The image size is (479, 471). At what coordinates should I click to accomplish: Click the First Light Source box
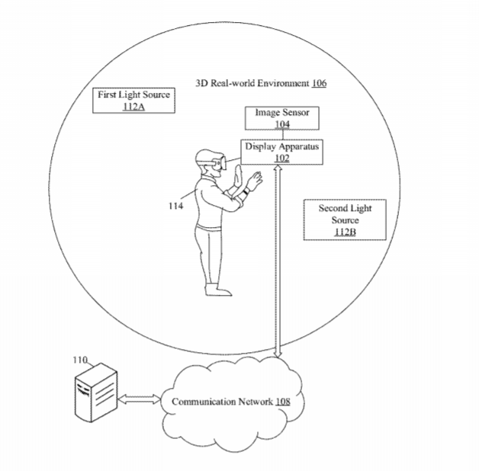coord(133,101)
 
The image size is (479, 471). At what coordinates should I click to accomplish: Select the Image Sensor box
coord(282,118)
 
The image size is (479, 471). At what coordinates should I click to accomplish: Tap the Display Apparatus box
coord(281,152)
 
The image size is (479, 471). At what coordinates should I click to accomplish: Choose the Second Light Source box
coord(345,219)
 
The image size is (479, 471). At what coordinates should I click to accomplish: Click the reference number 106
coord(319,83)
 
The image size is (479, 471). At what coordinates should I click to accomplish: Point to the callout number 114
coord(175,206)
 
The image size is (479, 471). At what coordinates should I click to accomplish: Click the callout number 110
coord(80,360)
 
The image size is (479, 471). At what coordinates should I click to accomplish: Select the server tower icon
coord(96,392)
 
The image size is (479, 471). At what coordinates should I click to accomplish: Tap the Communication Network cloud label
coord(231,402)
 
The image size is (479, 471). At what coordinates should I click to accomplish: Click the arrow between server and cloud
coord(139,399)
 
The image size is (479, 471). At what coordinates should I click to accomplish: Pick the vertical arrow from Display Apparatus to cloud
coord(278,261)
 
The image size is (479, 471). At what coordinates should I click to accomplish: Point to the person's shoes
coord(218,290)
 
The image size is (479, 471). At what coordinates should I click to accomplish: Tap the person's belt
coord(209,228)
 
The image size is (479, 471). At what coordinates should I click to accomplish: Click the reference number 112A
coord(133,107)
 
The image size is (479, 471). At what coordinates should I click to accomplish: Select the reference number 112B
coord(345,232)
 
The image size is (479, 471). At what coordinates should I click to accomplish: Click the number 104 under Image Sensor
coord(282,124)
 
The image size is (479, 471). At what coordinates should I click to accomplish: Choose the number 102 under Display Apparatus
coord(282,158)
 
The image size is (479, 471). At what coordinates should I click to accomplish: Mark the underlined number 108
coord(283,402)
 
